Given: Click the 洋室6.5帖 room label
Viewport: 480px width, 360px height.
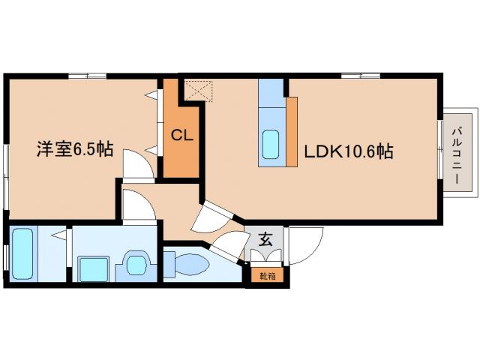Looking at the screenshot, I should tap(75, 149).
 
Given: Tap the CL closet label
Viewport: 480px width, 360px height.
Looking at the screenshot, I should tap(181, 136).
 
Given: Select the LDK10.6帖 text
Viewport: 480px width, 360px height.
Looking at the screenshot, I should tap(348, 151).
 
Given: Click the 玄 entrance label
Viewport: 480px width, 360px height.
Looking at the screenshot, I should tap(265, 240).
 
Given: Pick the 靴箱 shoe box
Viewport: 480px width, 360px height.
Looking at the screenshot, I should tap(267, 275).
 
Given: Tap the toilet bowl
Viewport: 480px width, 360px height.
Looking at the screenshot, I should tap(189, 265).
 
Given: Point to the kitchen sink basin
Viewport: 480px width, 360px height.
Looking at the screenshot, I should tap(271, 142).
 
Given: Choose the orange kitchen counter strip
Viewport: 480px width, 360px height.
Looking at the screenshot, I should tap(292, 131).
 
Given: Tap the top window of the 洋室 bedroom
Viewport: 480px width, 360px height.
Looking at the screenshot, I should tap(87, 75).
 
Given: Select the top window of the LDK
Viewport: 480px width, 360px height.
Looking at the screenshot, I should tap(360, 75).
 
